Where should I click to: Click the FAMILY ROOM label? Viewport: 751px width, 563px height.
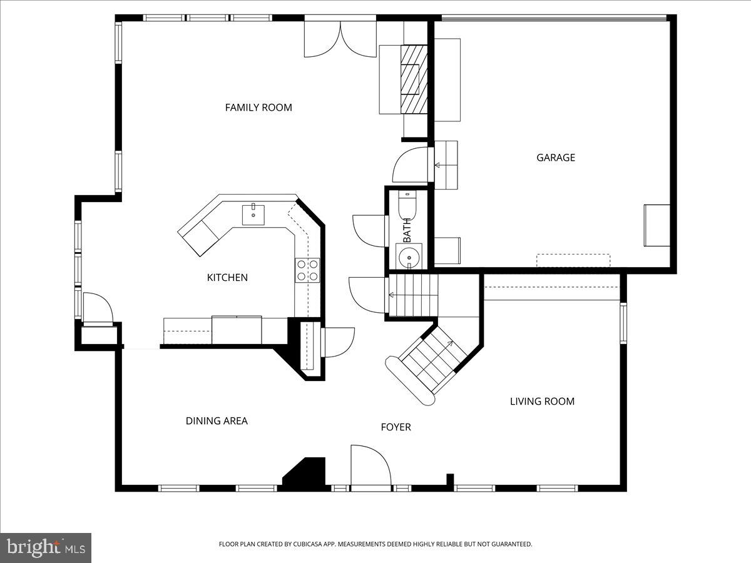tap(258, 108)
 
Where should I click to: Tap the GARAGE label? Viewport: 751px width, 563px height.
tap(555, 158)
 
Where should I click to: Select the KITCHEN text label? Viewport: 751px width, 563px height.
tap(227, 278)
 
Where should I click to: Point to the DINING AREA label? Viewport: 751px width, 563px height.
tap(217, 421)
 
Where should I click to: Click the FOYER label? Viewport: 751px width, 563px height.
tap(396, 427)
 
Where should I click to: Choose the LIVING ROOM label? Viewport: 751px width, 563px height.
tap(542, 402)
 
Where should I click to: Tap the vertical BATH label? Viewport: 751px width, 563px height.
tap(407, 230)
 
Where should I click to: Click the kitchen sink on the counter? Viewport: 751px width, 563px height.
tap(253, 214)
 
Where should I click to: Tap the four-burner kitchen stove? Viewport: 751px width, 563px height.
tap(307, 270)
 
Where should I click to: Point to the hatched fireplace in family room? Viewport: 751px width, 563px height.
tap(414, 79)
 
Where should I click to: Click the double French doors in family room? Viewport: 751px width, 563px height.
tap(340, 39)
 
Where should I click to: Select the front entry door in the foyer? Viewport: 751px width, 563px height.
tap(370, 466)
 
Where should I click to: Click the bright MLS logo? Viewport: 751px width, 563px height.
tap(46, 547)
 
